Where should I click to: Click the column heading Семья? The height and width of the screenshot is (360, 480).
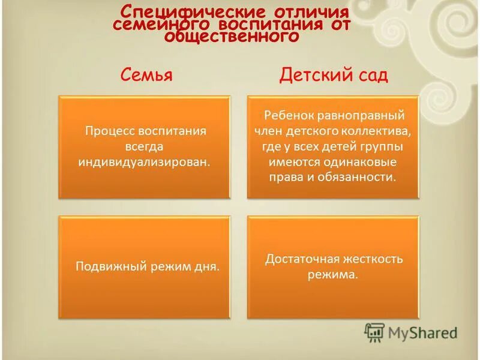point(146,75)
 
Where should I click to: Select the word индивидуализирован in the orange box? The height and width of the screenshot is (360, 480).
point(144,162)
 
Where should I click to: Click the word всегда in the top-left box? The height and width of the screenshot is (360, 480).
point(144,146)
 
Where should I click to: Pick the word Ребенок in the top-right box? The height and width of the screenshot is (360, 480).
point(288,115)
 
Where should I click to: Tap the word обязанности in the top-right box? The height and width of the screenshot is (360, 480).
point(366,177)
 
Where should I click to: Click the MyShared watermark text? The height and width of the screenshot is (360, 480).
point(422,332)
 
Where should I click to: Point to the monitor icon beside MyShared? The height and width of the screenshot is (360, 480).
point(374,332)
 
